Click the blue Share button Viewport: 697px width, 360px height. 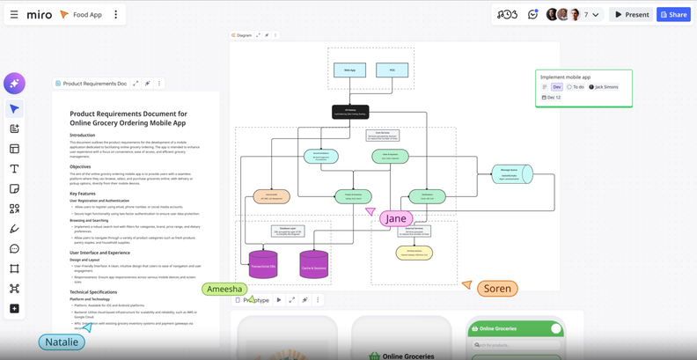click(673, 14)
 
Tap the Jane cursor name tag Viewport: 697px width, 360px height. click(396, 218)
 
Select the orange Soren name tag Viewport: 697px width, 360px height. click(496, 288)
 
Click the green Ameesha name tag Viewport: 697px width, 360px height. click(224, 289)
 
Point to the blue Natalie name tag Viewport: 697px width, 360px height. click(62, 342)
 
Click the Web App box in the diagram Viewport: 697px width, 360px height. click(349, 70)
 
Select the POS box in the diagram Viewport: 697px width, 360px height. click(393, 70)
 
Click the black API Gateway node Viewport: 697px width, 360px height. click(350, 112)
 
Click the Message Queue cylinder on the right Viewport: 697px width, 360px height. click(510, 173)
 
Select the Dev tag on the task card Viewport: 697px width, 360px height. click(557, 87)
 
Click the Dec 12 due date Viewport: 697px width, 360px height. click(552, 98)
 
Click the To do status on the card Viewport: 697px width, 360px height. click(576, 87)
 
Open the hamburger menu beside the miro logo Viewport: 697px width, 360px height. click(14, 14)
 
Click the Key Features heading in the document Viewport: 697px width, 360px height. click(83, 193)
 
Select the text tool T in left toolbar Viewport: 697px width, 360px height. click(14, 169)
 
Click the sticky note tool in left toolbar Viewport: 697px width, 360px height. click(14, 188)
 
